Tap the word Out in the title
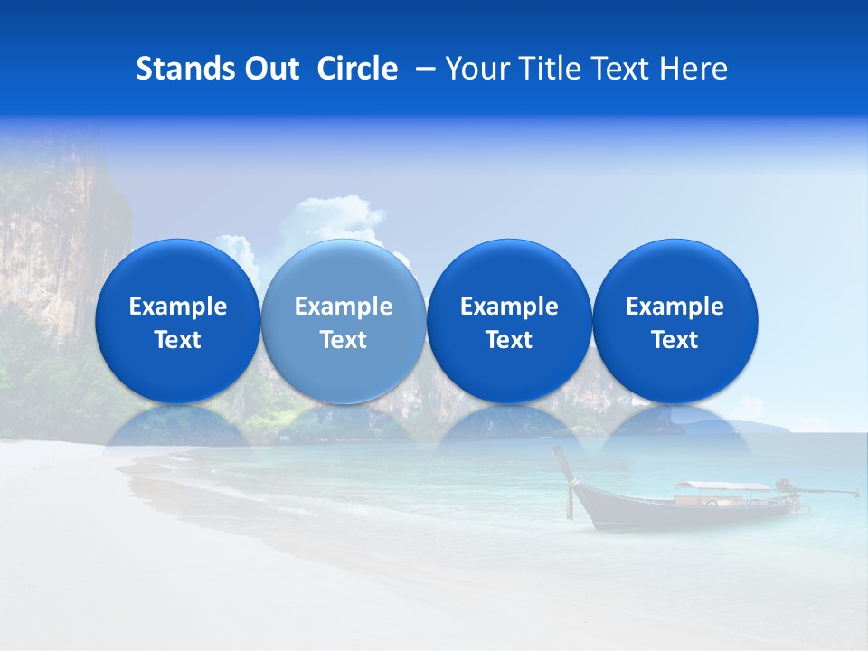(271, 69)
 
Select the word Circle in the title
(357, 69)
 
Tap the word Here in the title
(693, 69)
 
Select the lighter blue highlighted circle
(344, 321)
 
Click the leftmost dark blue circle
(177, 321)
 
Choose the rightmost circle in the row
(675, 321)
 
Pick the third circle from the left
(509, 321)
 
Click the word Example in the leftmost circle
(177, 307)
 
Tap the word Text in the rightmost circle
(675, 340)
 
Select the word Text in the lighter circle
(344, 340)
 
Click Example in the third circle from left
(509, 307)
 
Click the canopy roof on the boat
(721, 486)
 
